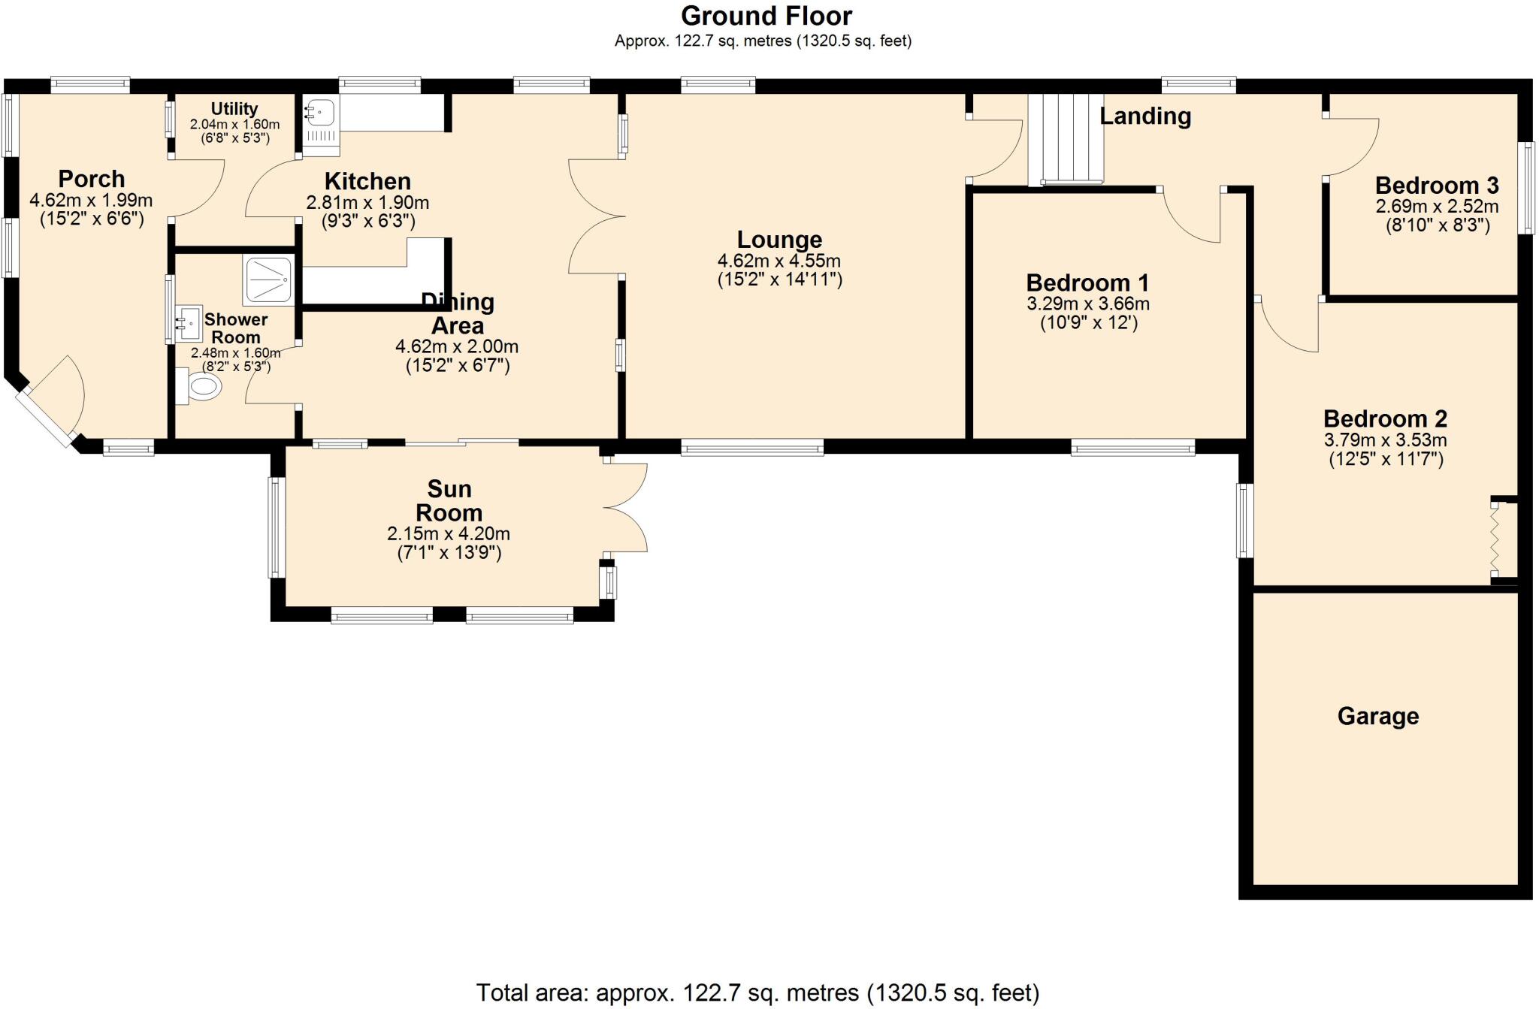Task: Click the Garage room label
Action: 1377,716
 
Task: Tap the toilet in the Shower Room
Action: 200,387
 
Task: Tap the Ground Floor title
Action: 766,16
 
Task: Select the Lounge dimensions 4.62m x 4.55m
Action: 779,261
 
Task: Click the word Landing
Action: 1144,116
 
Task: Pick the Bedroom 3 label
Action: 1436,185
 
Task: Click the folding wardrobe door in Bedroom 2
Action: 1495,539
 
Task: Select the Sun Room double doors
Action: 625,508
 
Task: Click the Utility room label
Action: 234,109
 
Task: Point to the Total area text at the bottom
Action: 757,992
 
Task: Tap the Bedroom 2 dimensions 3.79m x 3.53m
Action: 1385,440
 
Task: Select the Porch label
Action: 91,179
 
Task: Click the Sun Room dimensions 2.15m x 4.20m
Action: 448,534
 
